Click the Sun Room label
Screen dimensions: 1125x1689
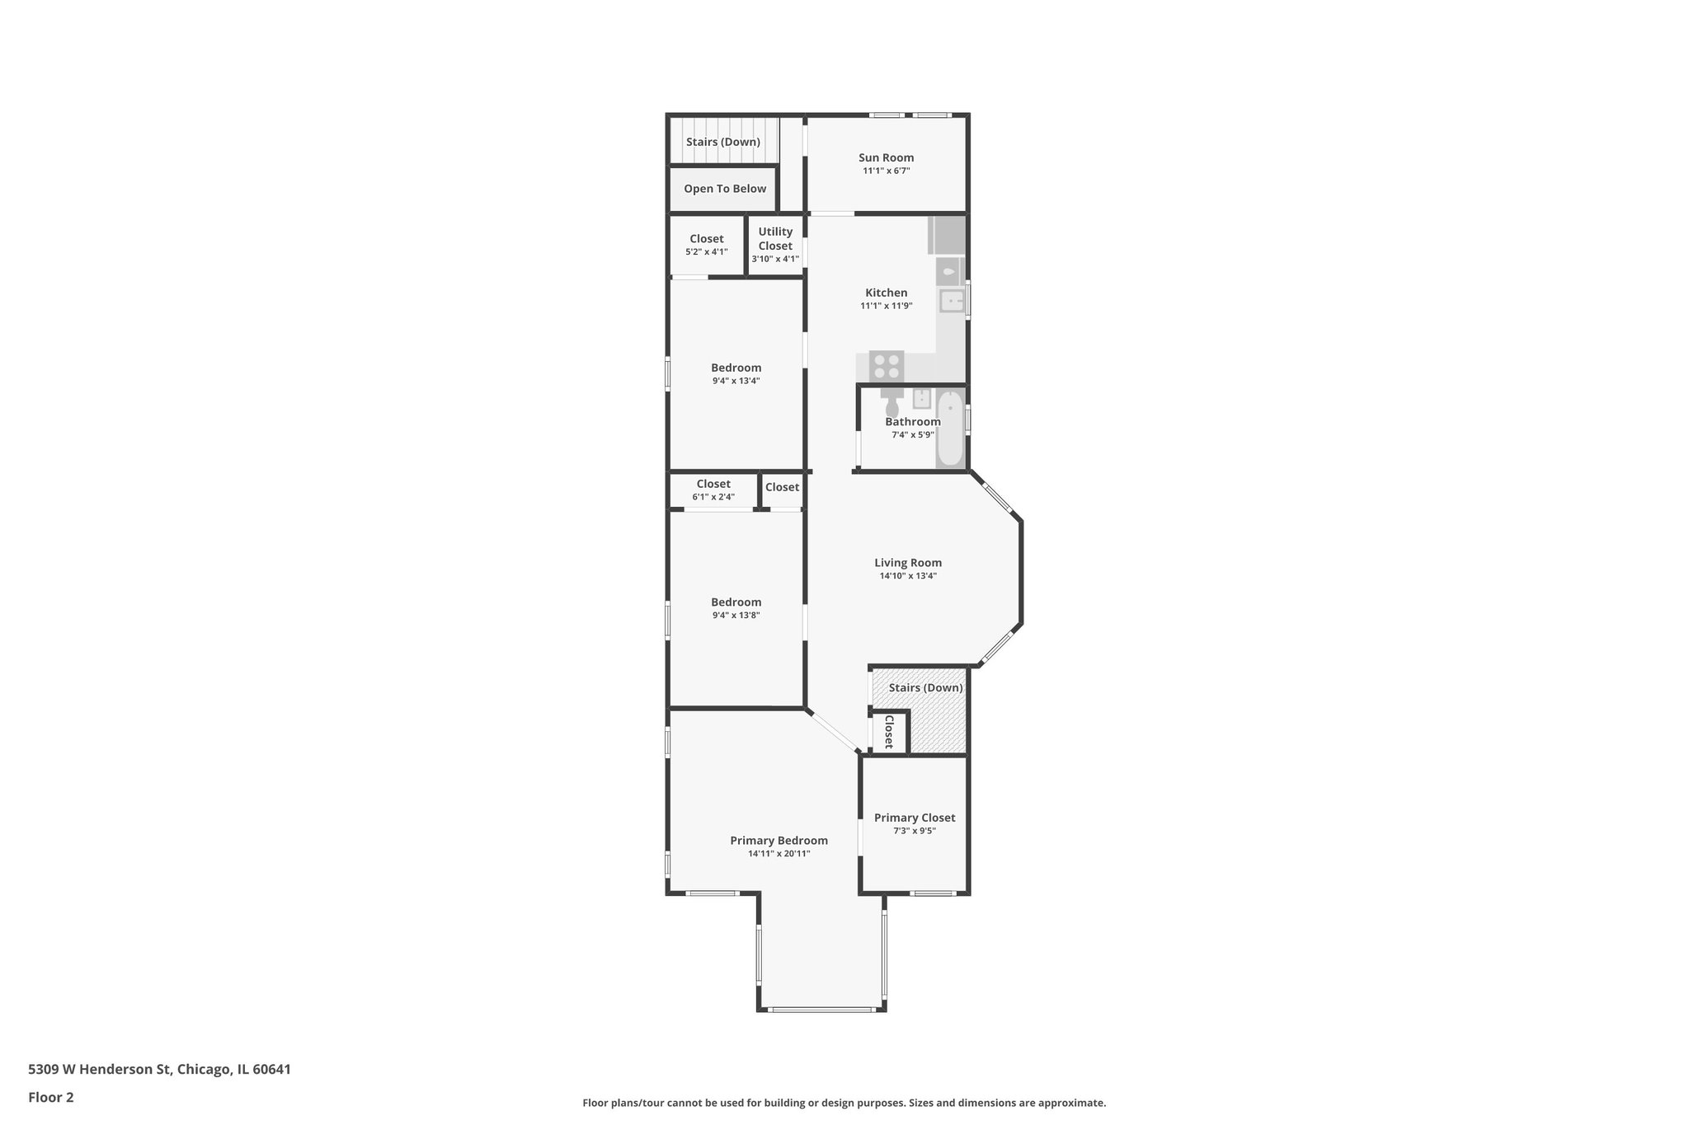tap(886, 157)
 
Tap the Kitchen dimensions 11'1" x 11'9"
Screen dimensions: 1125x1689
tap(886, 306)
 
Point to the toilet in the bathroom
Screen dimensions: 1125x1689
tap(892, 404)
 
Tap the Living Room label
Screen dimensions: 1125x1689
tap(907, 563)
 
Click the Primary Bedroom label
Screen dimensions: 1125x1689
tap(779, 841)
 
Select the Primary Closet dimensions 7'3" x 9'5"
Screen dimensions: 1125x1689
tap(914, 831)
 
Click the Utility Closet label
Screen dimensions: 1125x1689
tap(775, 238)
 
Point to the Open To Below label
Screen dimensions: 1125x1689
tap(725, 189)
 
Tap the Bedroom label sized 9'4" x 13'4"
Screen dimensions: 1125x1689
tap(736, 368)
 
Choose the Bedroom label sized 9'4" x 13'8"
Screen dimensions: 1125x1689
tap(736, 602)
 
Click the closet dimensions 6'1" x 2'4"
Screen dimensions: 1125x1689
tap(713, 497)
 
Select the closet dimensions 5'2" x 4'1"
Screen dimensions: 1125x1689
tap(707, 252)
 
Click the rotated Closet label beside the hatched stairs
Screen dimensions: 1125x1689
tap(889, 731)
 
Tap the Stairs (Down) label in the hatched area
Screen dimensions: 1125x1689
tap(925, 687)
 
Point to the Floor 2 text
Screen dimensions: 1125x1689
tap(51, 1097)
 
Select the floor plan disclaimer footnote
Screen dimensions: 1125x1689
tap(844, 1103)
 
